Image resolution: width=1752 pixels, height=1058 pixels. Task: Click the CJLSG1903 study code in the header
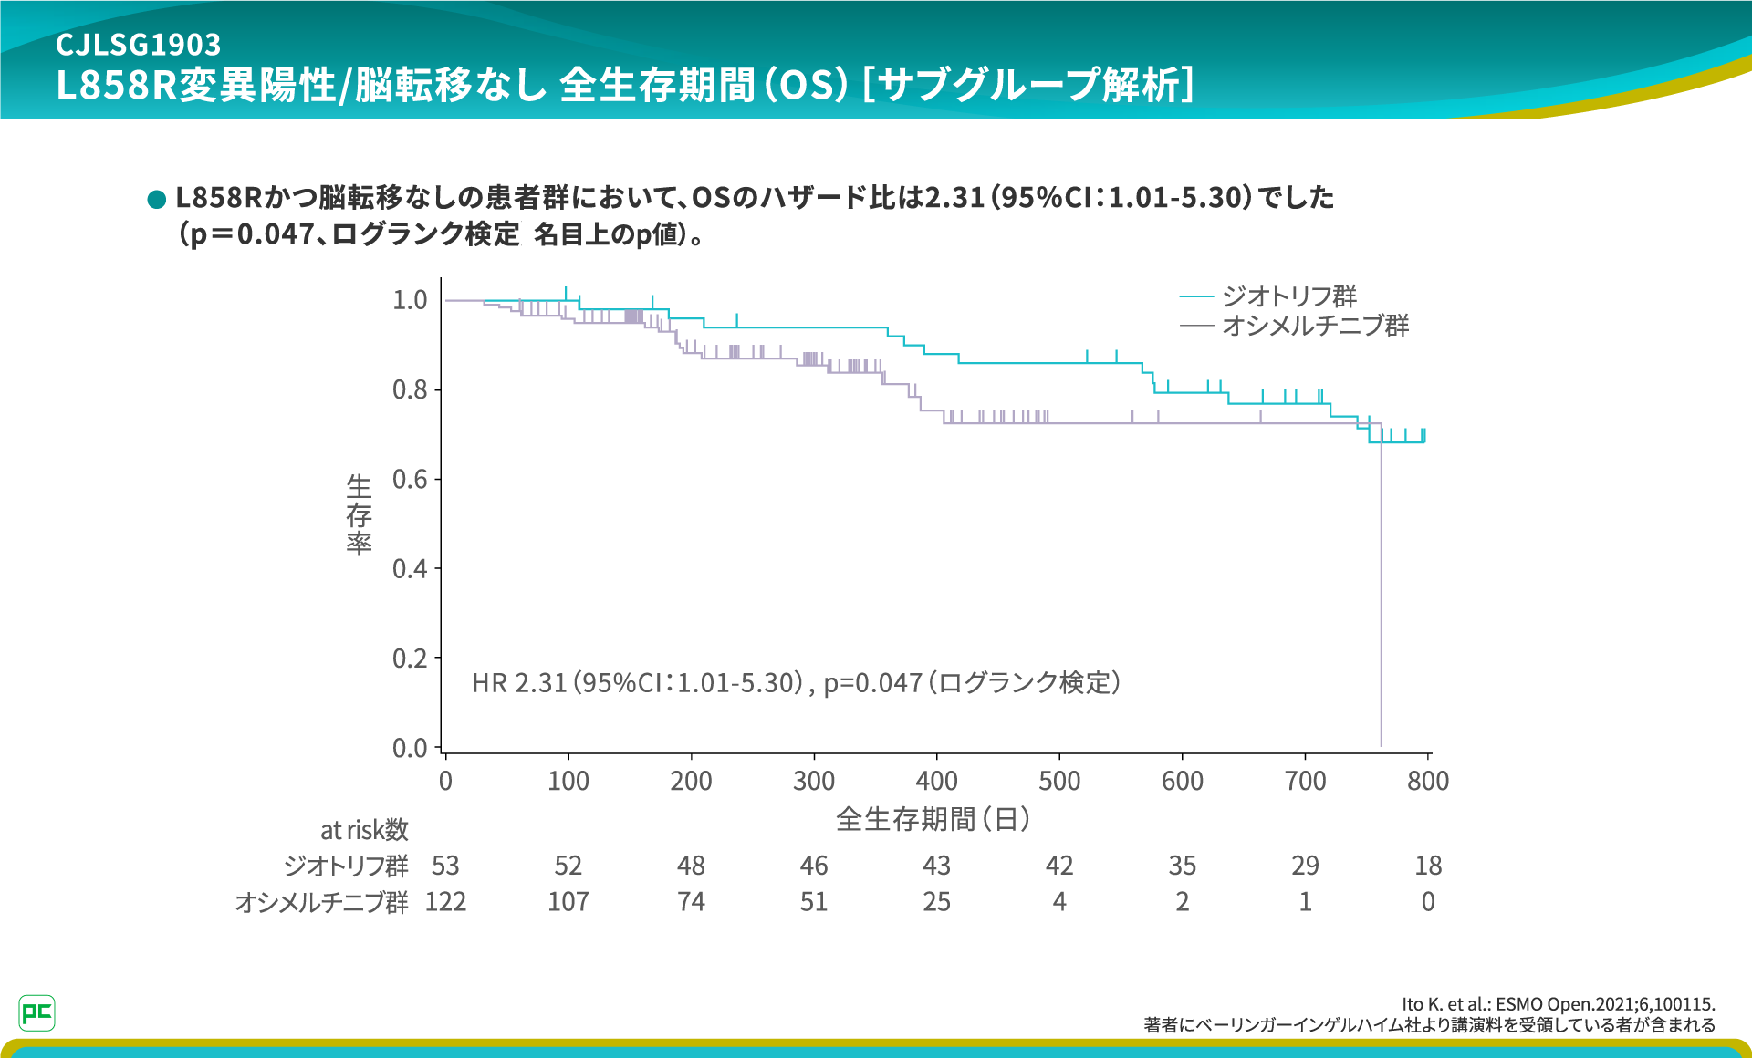pyautogui.click(x=138, y=44)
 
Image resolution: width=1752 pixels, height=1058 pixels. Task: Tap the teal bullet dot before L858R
pyautogui.click(x=156, y=199)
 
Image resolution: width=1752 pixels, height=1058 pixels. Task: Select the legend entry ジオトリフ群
pyautogui.click(x=1288, y=296)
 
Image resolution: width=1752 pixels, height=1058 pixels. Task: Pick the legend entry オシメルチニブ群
pyautogui.click(x=1315, y=326)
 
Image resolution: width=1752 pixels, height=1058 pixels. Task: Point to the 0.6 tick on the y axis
pyautogui.click(x=410, y=479)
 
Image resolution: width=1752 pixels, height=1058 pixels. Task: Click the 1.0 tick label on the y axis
pyautogui.click(x=410, y=300)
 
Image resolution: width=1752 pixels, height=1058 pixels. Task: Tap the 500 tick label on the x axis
pyautogui.click(x=1059, y=781)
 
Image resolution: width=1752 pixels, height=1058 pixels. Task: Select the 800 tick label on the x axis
pyautogui.click(x=1428, y=781)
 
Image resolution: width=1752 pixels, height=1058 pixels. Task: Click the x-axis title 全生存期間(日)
pyautogui.click(x=933, y=819)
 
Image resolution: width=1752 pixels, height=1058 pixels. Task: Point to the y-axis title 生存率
pyautogui.click(x=359, y=514)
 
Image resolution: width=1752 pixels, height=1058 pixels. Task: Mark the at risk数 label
pyautogui.click(x=364, y=830)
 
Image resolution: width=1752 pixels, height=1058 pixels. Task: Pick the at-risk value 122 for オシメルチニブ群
pyautogui.click(x=445, y=902)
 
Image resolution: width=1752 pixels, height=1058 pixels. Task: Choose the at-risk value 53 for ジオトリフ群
pyautogui.click(x=445, y=866)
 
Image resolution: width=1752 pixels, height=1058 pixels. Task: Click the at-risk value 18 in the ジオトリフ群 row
pyautogui.click(x=1428, y=866)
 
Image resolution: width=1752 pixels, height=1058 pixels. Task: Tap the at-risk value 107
pyautogui.click(x=568, y=902)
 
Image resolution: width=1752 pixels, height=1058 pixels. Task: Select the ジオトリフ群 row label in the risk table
pyautogui.click(x=346, y=866)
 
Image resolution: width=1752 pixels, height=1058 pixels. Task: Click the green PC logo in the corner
pyautogui.click(x=36, y=1012)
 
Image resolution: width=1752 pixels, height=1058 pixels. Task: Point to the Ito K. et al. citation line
pyautogui.click(x=1558, y=1004)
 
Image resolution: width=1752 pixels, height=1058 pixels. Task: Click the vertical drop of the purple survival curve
pyautogui.click(x=1381, y=593)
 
